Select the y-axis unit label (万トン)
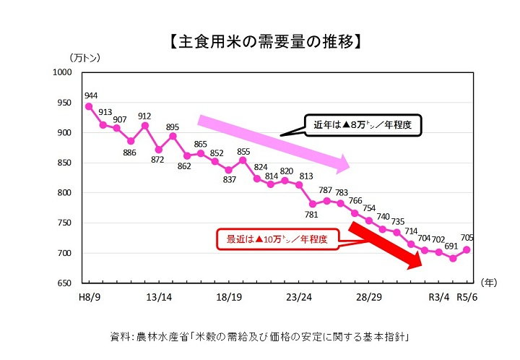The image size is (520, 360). (84, 57)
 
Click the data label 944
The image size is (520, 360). (91, 95)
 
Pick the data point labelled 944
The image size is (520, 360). (89, 106)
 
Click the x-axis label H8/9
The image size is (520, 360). (90, 296)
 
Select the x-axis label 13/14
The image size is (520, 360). (159, 296)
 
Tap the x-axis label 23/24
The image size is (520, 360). (298, 296)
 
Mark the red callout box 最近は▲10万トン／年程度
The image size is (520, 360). (277, 239)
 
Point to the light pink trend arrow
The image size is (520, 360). (274, 142)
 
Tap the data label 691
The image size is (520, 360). (453, 246)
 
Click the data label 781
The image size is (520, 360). (312, 215)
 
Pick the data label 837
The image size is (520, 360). (230, 180)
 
